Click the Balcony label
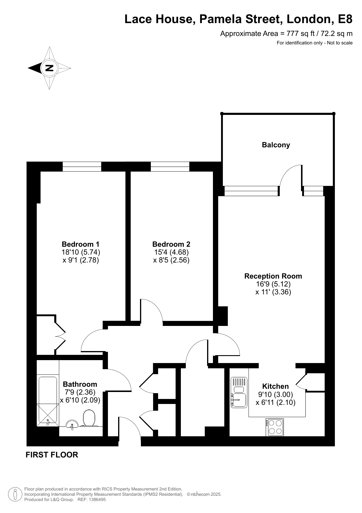pyautogui.click(x=276, y=145)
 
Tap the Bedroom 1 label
pyautogui.click(x=81, y=244)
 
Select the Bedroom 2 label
pyautogui.click(x=171, y=244)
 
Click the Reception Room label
pyautogui.click(x=273, y=276)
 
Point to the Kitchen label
pyautogui.click(x=275, y=386)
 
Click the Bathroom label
pyautogui.click(x=80, y=384)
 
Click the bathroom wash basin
pyautogui.click(x=72, y=424)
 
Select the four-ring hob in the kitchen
pyautogui.click(x=275, y=427)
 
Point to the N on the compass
pyautogui.click(x=49, y=68)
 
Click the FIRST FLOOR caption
pyautogui.click(x=52, y=455)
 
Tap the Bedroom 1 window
pyautogui.click(x=82, y=167)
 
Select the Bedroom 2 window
pyautogui.click(x=170, y=167)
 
